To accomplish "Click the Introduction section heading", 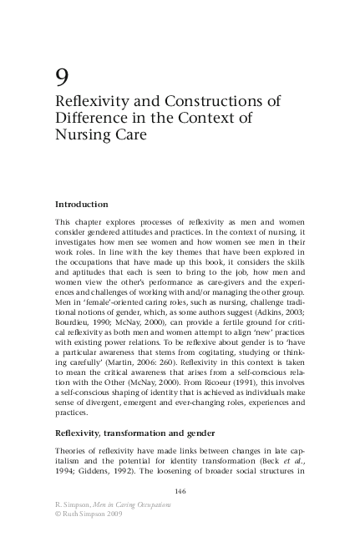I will pos(82,204).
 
